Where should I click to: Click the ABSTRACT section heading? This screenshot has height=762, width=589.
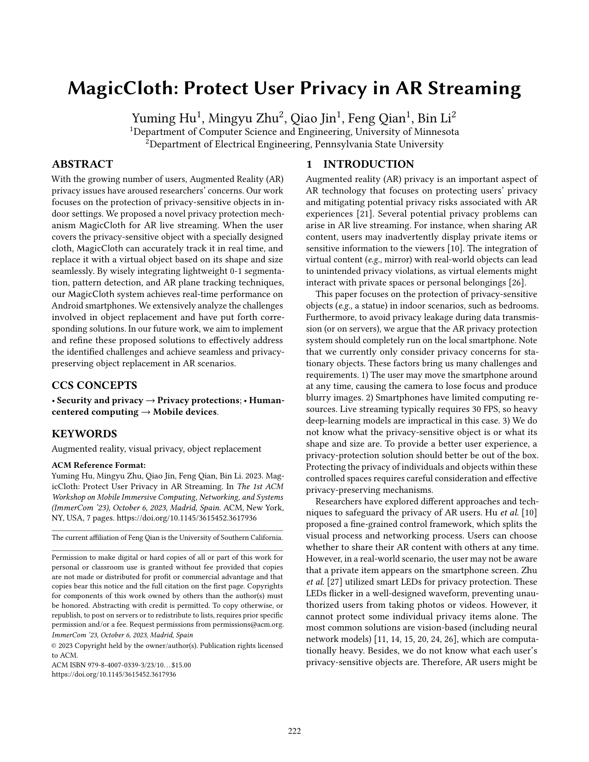(82, 164)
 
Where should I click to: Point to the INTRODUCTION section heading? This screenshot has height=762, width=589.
(368, 164)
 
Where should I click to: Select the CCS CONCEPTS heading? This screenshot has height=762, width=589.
(94, 386)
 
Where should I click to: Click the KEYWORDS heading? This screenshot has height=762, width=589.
(84, 434)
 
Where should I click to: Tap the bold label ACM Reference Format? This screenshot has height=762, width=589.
(98, 465)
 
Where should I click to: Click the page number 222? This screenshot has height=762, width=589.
(294, 731)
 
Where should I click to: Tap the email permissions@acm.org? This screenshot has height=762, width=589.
(248, 625)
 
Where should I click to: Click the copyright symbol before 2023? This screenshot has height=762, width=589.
(54, 646)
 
